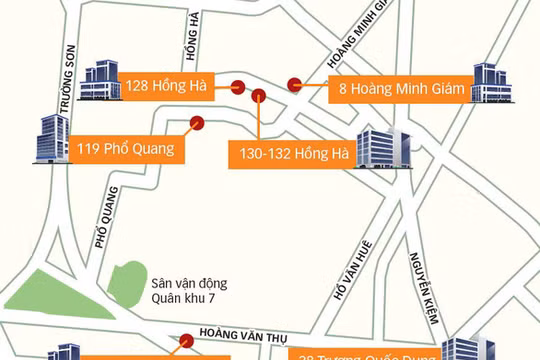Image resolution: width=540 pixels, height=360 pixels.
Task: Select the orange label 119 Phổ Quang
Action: tap(125, 150)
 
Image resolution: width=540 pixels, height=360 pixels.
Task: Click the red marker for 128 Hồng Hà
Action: tap(239, 86)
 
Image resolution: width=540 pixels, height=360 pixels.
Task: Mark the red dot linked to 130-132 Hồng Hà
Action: tap(259, 96)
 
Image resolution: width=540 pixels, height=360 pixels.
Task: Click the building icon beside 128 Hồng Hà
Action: tap(101, 79)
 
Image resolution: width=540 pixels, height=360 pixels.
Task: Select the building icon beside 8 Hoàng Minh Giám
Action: tap(492, 83)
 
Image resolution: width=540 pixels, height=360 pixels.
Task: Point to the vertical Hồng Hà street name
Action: tap(192, 42)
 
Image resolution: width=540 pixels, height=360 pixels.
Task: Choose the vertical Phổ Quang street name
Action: tap(100, 231)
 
